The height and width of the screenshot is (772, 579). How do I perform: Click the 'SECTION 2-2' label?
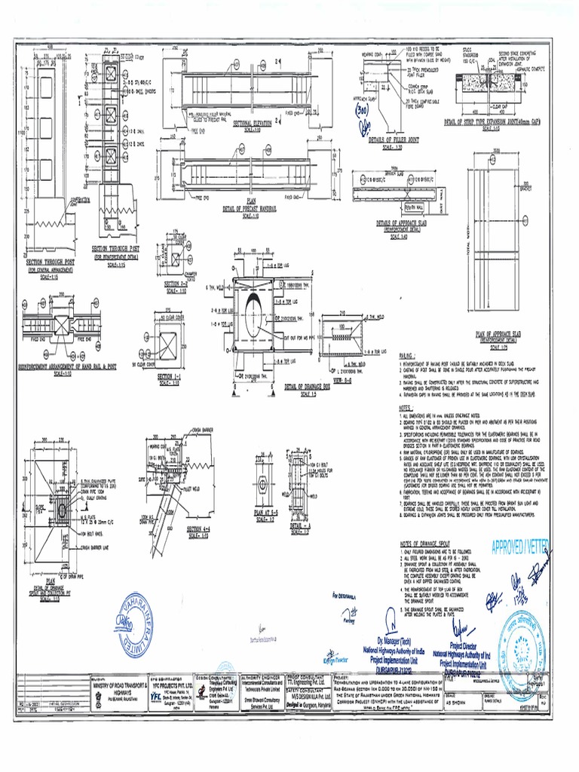tap(175, 283)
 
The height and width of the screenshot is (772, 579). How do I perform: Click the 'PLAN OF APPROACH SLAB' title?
tap(498, 332)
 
